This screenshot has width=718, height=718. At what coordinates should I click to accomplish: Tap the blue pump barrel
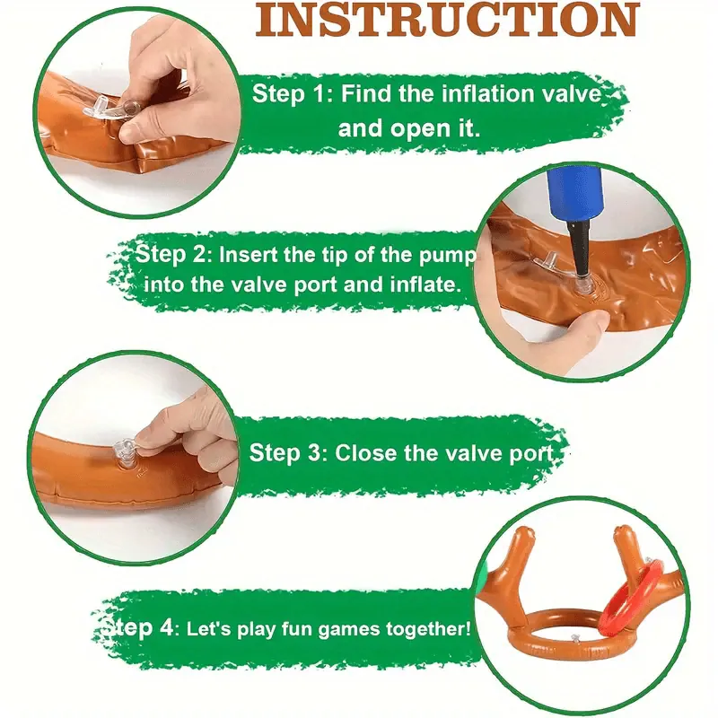click(x=573, y=194)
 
